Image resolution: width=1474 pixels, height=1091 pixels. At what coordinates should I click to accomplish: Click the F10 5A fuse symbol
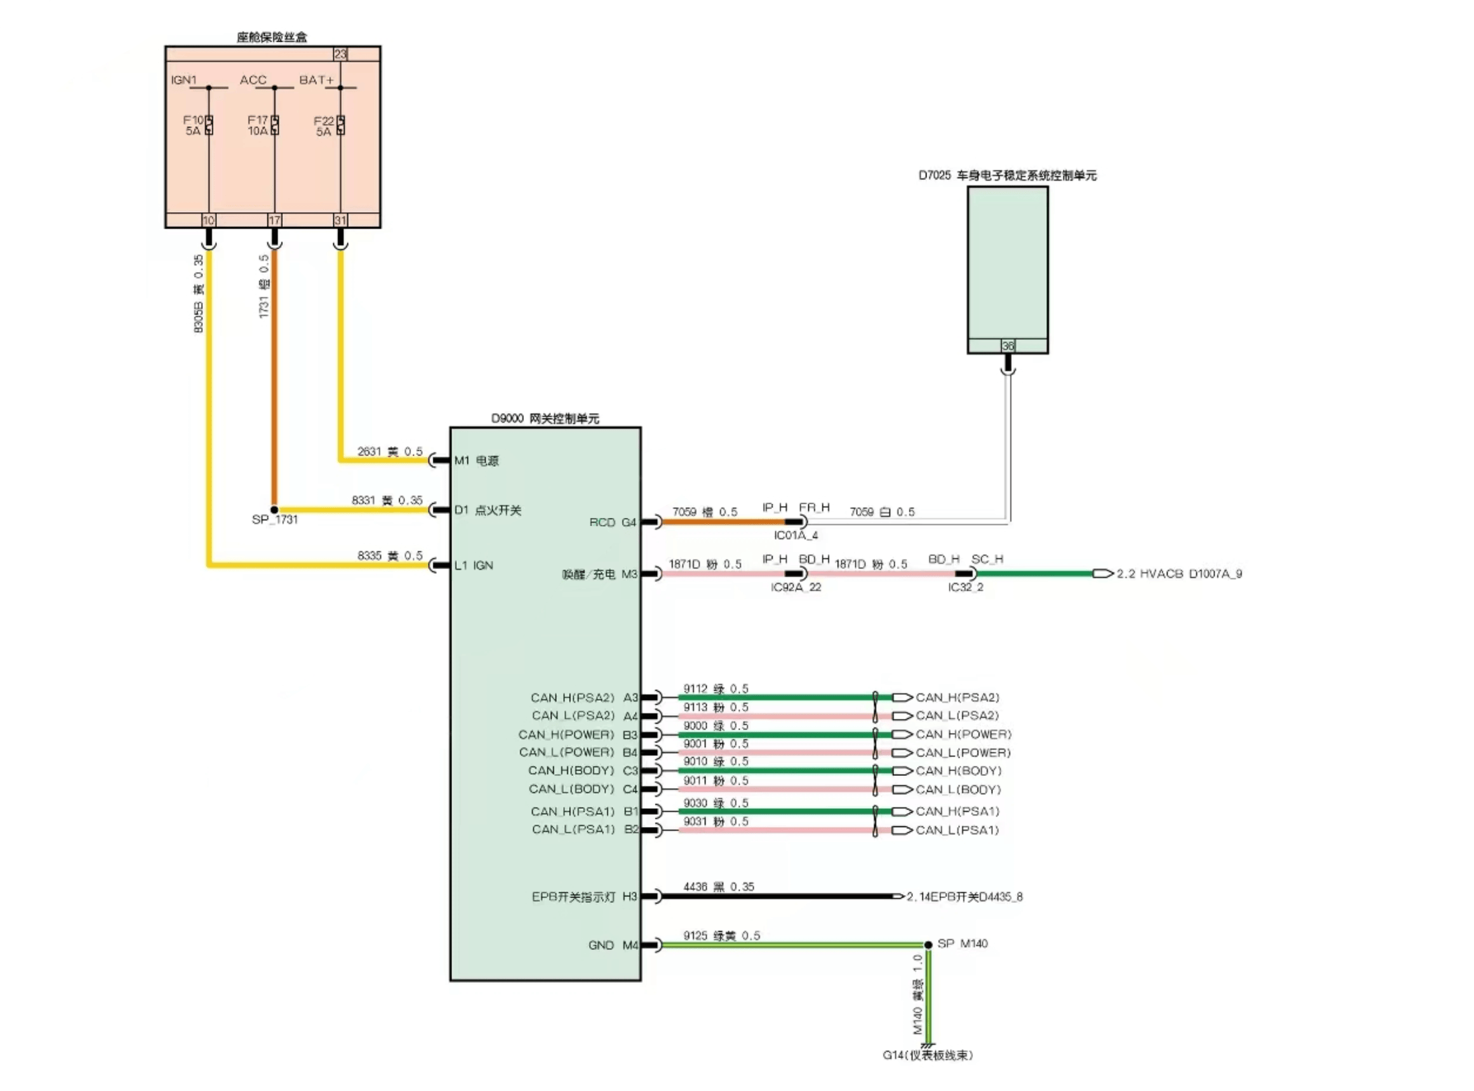pos(209,125)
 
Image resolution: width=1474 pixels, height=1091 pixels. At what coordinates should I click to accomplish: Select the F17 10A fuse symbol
pos(275,125)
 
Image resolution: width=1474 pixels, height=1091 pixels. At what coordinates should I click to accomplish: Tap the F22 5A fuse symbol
pos(341,125)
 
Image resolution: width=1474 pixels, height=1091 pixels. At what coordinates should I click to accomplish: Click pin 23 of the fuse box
pos(341,54)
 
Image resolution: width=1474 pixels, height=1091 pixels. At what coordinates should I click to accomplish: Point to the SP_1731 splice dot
pos(274,510)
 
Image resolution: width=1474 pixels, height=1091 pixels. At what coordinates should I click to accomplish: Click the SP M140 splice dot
pos(928,945)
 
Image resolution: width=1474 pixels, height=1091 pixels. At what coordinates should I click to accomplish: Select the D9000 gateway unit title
pos(545,419)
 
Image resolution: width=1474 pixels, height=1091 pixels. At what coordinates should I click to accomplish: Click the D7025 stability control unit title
pos(1007,175)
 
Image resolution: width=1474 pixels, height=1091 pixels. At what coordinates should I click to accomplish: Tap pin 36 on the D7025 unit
pos(1008,346)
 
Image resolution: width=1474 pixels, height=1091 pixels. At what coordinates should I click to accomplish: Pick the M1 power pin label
pos(476,461)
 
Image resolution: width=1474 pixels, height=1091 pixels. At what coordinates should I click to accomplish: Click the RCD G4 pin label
pos(612,522)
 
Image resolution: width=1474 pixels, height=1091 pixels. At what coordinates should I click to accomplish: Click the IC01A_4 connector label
pos(795,535)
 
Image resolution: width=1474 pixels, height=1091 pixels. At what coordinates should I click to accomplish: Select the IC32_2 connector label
pos(965,587)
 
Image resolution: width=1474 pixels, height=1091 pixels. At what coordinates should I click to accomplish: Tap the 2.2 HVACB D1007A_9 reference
pos(1179,574)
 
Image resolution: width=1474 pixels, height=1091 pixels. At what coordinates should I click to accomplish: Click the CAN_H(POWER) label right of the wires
pos(963,734)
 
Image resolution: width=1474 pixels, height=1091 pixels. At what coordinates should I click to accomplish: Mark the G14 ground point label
pos(928,1055)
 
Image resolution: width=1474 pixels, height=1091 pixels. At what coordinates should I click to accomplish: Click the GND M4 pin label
pos(612,945)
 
